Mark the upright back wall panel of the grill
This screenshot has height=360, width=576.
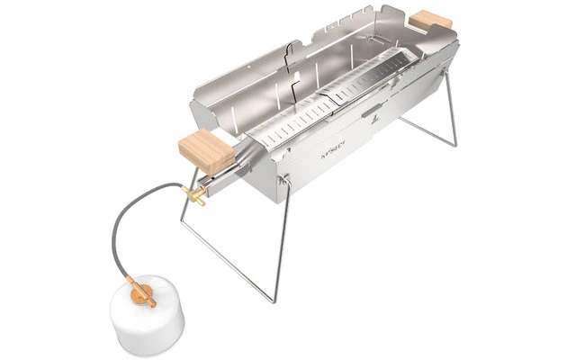(x=360, y=36)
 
